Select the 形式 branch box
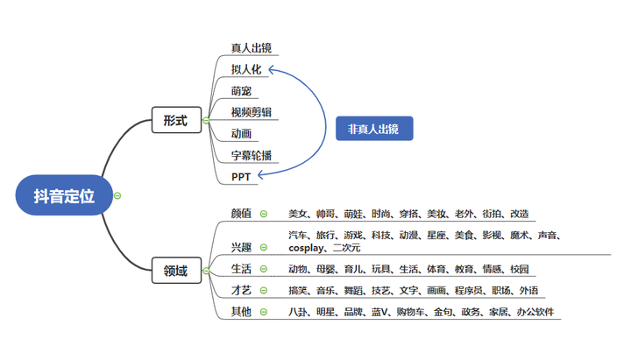(175, 121)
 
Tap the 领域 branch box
(175, 271)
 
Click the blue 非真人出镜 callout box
(373, 129)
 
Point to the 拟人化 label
(246, 69)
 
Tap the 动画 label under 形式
(241, 134)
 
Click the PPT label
(241, 177)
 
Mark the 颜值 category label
(241, 213)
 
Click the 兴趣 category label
(241, 247)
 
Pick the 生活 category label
(241, 268)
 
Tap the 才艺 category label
(241, 290)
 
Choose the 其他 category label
(241, 312)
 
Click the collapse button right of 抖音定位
(117, 196)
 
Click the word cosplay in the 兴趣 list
(305, 248)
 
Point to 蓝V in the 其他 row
(379, 312)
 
